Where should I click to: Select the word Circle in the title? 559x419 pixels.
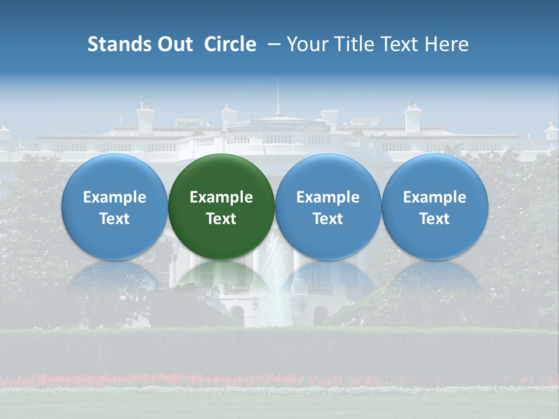tap(230, 44)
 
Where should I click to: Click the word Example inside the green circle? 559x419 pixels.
tap(221, 197)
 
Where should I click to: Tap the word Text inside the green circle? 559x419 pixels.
tap(221, 219)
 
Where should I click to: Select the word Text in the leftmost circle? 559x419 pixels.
tap(114, 219)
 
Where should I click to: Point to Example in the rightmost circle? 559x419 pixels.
tap(434, 197)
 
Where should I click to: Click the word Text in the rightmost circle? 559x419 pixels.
tap(434, 219)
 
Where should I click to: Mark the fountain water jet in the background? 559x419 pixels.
tap(275, 279)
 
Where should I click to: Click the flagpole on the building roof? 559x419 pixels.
tap(277, 96)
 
